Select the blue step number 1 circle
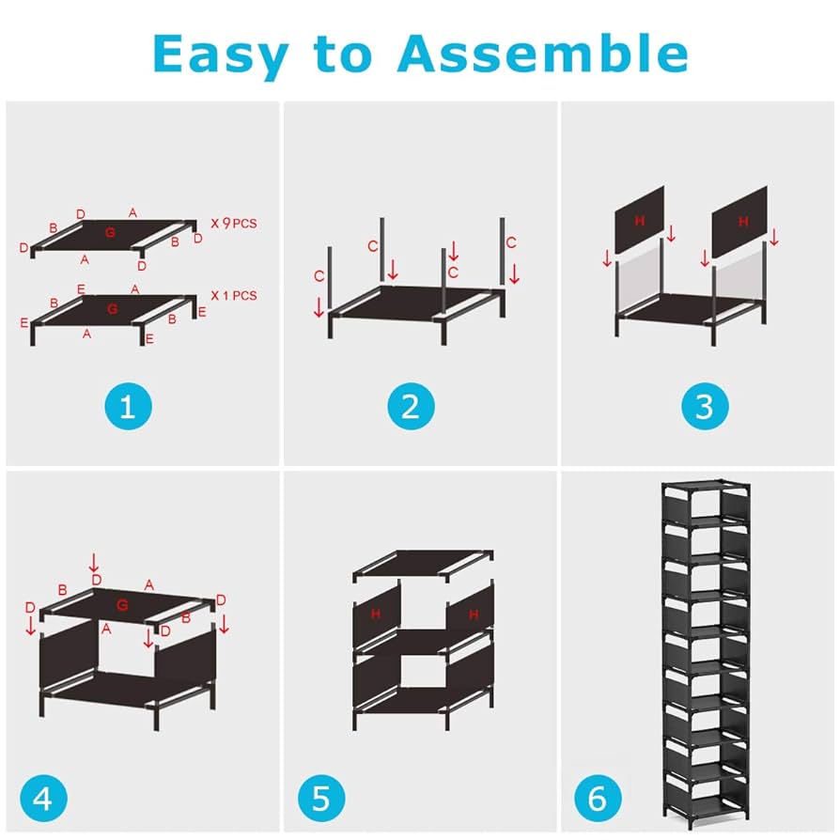click(128, 407)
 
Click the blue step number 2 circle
click(411, 407)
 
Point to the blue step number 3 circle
click(704, 407)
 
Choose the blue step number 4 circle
click(42, 799)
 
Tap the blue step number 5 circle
click(321, 799)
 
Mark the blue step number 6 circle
click(597, 799)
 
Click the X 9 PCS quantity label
click(233, 224)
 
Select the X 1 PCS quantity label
click(233, 295)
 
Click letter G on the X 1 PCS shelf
click(113, 308)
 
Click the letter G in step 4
click(122, 603)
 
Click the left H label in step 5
click(375, 614)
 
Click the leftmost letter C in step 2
click(320, 276)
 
